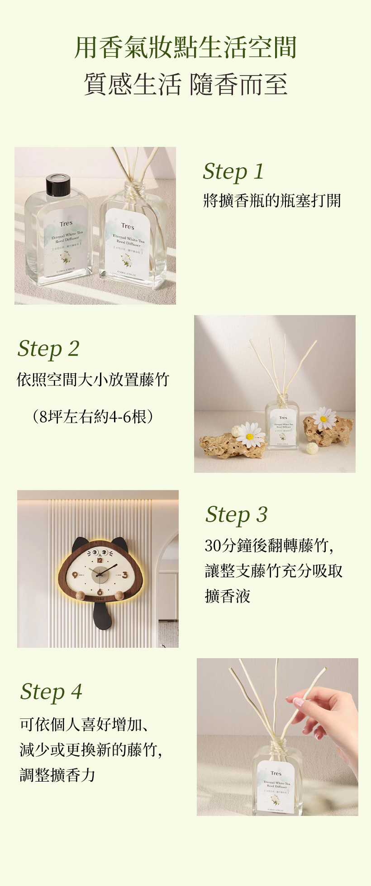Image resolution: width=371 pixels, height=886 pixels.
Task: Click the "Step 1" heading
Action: coord(233,172)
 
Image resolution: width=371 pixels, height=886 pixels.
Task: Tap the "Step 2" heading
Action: coord(48,349)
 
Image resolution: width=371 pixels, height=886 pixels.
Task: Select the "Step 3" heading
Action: coord(236,515)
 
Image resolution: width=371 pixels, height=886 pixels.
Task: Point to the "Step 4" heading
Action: coord(51,692)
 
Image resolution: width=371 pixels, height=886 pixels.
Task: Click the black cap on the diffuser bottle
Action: coord(58,184)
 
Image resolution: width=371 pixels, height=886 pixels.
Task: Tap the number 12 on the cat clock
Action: coord(100,560)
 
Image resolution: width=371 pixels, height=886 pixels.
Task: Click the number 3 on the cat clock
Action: coord(125,575)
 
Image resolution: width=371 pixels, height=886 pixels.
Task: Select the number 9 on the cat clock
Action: coord(75,575)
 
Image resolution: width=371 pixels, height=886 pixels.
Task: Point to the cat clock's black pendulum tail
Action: coord(102,615)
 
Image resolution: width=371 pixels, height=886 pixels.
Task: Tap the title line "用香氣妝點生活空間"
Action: coord(185,47)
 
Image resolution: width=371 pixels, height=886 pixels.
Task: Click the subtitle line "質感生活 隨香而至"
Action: coord(185,84)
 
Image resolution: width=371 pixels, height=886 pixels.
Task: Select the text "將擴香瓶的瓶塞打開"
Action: coord(272,200)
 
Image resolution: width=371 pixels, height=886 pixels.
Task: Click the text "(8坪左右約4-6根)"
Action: coord(93,416)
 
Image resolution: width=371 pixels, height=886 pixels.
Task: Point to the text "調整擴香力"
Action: coord(57,775)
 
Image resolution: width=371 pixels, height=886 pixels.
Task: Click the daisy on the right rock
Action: coord(324,418)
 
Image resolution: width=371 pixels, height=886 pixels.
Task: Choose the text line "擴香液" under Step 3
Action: coord(228,596)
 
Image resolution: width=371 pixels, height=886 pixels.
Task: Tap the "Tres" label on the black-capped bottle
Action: coord(66,223)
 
